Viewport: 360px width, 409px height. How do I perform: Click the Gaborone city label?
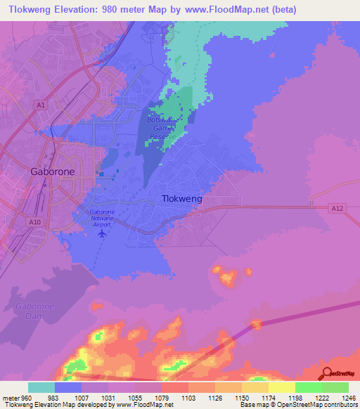[53, 171]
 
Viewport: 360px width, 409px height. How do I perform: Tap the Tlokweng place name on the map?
[182, 199]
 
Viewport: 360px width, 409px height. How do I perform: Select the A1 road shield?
[41, 105]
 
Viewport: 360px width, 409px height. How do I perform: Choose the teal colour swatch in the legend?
[41, 387]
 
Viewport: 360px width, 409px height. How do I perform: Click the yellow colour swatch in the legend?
[282, 387]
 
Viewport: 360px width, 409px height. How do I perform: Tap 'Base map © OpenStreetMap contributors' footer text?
[298, 405]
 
